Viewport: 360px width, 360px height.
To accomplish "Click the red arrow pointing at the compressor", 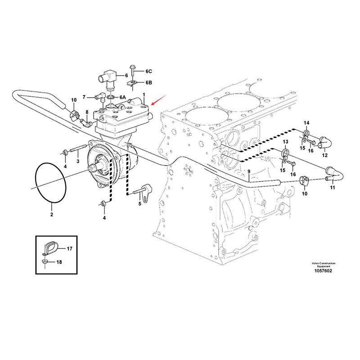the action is coord(159,99).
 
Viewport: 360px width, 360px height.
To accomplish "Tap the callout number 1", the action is coord(144,95).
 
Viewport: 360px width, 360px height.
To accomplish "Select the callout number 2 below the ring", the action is coord(52,215).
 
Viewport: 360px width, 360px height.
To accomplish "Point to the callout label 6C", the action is coord(148,71).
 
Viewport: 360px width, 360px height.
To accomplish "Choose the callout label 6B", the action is coord(148,83).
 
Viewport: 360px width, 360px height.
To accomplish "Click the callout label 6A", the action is coord(123,97).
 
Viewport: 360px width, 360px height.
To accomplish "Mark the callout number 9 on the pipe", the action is coord(248,171).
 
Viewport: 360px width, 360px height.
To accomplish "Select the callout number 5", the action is coord(139,204).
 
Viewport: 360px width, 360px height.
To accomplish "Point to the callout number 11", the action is coord(333,188).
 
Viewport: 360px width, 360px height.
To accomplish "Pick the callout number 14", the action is coord(306,123).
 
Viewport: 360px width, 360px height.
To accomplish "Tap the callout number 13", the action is coord(284,142).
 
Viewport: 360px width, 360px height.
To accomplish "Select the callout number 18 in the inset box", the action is coord(59,261).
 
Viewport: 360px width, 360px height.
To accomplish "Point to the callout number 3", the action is coord(77,161).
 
